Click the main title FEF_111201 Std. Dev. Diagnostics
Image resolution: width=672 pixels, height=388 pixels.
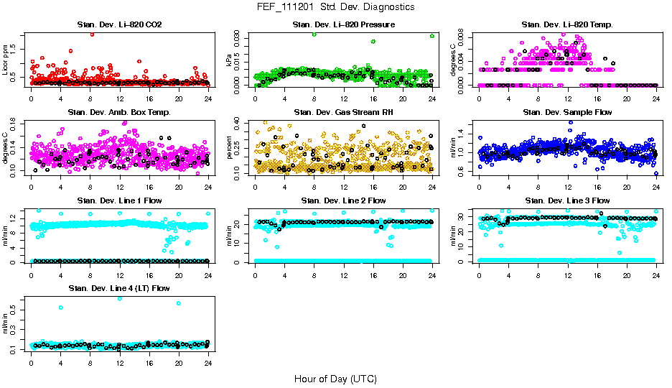coord(335,6)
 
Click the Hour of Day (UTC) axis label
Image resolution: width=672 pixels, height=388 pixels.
coord(335,378)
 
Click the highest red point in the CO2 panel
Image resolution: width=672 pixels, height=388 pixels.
coord(92,34)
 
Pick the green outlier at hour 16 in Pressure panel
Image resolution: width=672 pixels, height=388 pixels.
coord(373,42)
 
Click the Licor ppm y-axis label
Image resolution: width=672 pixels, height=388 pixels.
coord(6,61)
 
